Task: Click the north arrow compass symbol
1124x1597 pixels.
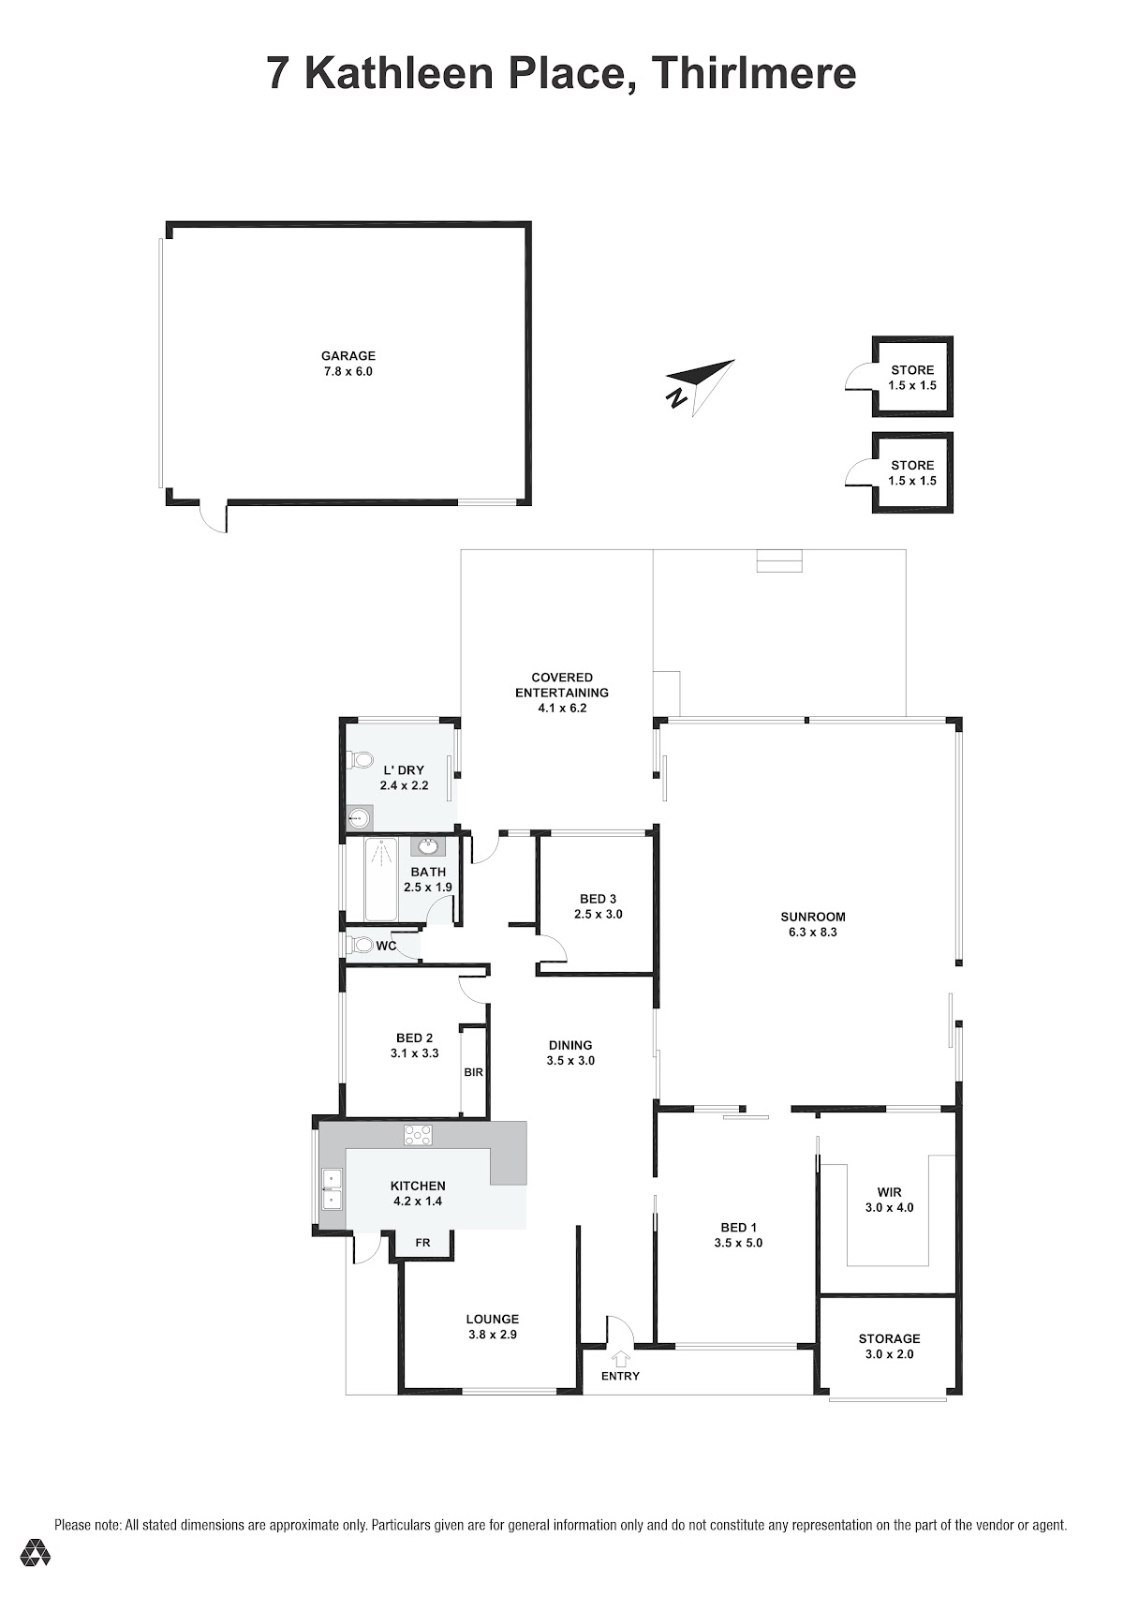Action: pyautogui.click(x=701, y=386)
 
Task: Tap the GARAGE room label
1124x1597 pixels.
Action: pyautogui.click(x=348, y=356)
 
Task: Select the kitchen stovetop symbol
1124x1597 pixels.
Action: pyautogui.click(x=419, y=1134)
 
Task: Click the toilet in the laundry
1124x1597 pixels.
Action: pyautogui.click(x=360, y=760)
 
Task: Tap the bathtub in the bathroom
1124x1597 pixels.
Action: pyautogui.click(x=380, y=880)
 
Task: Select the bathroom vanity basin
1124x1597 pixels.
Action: pyautogui.click(x=428, y=847)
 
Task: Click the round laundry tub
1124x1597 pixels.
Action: pyautogui.click(x=359, y=819)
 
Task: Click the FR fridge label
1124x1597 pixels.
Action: pyautogui.click(x=422, y=1243)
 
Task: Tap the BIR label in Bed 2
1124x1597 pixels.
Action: pyautogui.click(x=473, y=1071)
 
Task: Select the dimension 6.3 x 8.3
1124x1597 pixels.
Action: pyautogui.click(x=812, y=932)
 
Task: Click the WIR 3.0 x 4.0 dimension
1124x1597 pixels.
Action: pyautogui.click(x=890, y=1207)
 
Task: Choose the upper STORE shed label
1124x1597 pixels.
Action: pyautogui.click(x=912, y=370)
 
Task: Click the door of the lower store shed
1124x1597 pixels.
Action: pyautogui.click(x=860, y=472)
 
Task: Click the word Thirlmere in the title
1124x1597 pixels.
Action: pyautogui.click(x=753, y=73)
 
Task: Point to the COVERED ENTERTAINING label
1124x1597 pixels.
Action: pyautogui.click(x=562, y=684)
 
